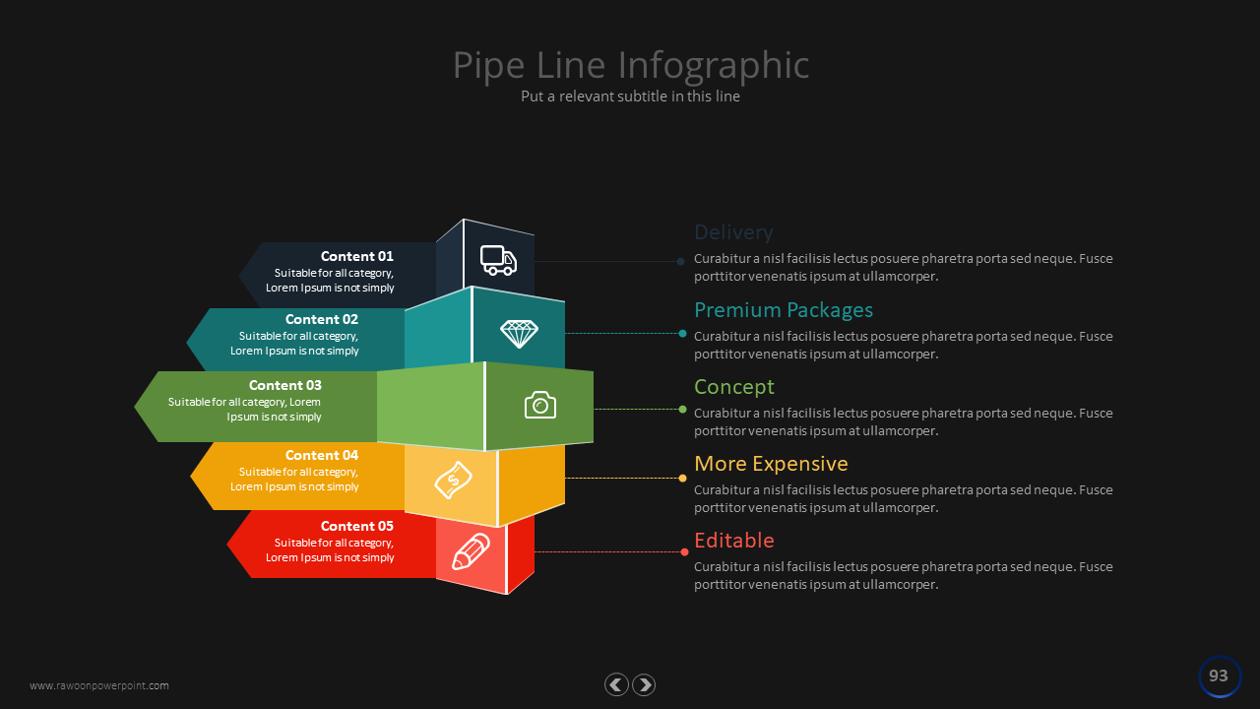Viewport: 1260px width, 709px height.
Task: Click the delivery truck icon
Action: (x=498, y=260)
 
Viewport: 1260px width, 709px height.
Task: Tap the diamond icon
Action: (x=519, y=334)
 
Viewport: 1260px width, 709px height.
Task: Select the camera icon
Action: (x=540, y=405)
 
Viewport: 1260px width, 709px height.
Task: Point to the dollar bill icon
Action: (x=453, y=481)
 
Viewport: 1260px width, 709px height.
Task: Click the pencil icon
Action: (x=471, y=551)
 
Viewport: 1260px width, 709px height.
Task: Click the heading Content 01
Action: (x=356, y=256)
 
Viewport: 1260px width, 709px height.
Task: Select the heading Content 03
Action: (x=284, y=385)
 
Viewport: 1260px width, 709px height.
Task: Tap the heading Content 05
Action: (x=356, y=526)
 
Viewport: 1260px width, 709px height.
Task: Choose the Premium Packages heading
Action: (x=784, y=310)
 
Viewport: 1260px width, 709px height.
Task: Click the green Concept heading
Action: (x=734, y=387)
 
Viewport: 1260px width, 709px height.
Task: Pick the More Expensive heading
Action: (x=771, y=464)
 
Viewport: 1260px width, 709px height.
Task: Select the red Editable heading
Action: (x=734, y=541)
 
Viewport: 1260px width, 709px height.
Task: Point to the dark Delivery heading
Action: (x=733, y=232)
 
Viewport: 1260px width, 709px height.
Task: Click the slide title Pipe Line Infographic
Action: (x=631, y=65)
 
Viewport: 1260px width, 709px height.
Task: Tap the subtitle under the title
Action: (x=630, y=97)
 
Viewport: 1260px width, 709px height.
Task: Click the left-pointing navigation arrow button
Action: (x=616, y=684)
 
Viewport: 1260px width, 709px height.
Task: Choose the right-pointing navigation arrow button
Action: (x=644, y=684)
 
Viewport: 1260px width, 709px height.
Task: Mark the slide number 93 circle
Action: (x=1219, y=677)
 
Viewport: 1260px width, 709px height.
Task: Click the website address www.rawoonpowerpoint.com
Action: (x=99, y=685)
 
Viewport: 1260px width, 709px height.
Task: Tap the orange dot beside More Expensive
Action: (x=683, y=479)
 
